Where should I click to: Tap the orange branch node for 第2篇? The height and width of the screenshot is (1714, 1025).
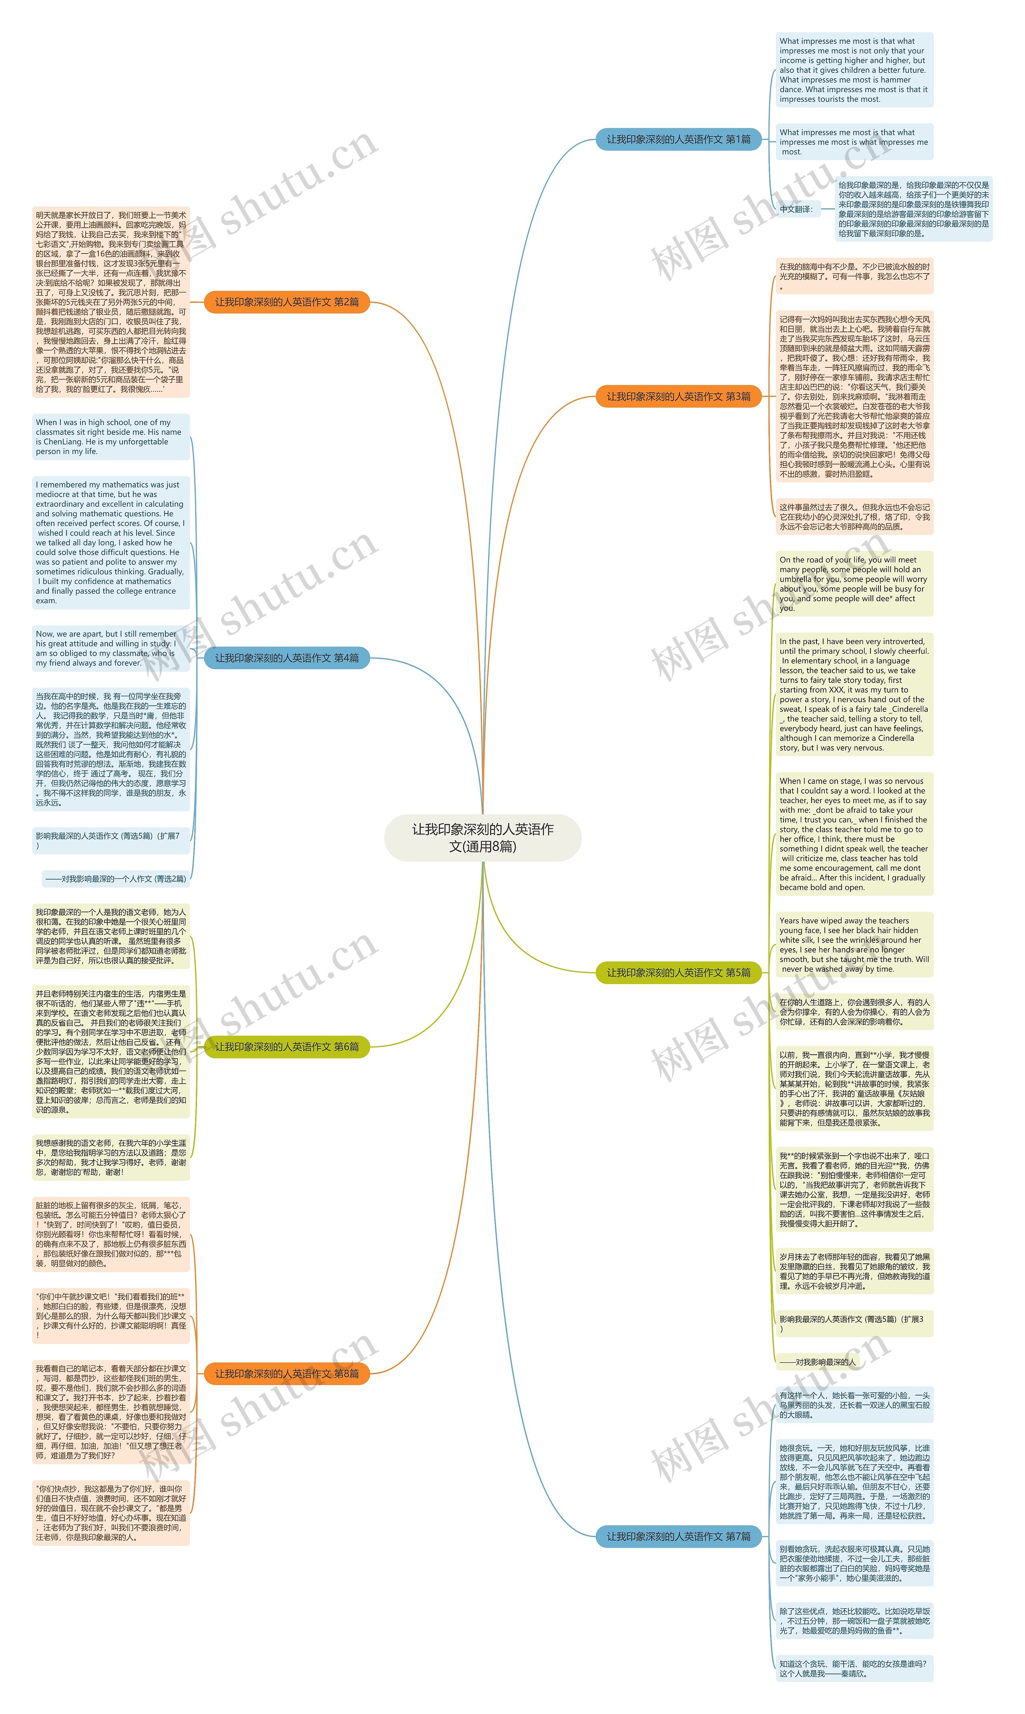pyautogui.click(x=287, y=302)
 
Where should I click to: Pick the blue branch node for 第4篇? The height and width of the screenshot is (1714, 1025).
pyautogui.click(x=287, y=658)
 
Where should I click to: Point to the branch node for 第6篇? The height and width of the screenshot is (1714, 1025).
pyautogui.click(x=287, y=1047)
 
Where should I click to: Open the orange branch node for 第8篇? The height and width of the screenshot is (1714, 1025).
pyautogui.click(x=287, y=1388)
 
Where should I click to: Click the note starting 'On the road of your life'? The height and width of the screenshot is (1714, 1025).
pyautogui.click(x=854, y=584)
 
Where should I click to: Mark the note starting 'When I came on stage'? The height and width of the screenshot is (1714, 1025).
pyautogui.click(x=854, y=834)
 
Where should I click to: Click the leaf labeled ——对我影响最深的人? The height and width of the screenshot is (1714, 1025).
pyautogui.click(x=817, y=1362)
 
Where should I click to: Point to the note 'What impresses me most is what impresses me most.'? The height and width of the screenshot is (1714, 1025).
pyautogui.click(x=854, y=142)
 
